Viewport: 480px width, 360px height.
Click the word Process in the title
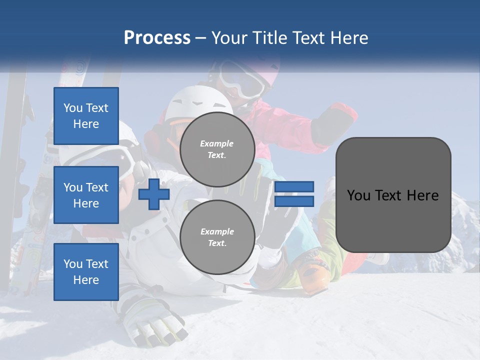[157, 37]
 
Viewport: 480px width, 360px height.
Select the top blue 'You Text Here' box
[86, 116]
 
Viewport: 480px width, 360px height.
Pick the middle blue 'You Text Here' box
[86, 195]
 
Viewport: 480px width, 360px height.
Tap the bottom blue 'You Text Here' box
[86, 271]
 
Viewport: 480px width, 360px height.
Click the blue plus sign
[154, 194]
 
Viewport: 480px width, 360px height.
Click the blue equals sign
[294, 194]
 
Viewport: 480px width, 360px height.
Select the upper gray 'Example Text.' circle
[217, 149]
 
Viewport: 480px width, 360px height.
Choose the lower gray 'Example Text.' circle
[217, 237]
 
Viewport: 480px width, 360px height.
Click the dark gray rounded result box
[393, 195]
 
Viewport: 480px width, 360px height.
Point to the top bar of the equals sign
[294, 187]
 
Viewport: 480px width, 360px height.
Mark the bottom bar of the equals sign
[294, 201]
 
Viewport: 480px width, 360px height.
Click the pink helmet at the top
[265, 70]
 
